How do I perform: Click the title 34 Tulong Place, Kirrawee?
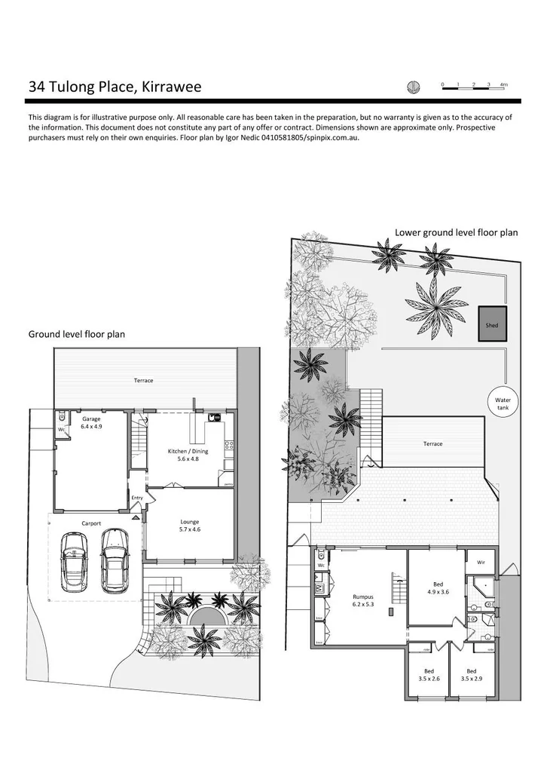[x=115, y=87]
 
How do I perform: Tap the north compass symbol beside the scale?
[x=412, y=87]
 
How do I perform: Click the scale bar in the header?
[x=475, y=88]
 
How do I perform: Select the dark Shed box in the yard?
[x=492, y=325]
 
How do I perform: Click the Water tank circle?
[x=502, y=404]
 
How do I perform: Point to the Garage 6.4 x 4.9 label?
[x=91, y=422]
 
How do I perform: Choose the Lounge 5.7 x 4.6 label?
[x=189, y=525]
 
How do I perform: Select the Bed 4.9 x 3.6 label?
[x=438, y=588]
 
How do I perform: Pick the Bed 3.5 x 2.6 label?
[x=428, y=675]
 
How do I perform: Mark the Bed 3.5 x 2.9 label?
[x=471, y=675]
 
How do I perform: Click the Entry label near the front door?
[x=137, y=498]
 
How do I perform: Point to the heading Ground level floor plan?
[x=77, y=333]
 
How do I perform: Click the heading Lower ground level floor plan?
[x=456, y=232]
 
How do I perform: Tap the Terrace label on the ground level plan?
[x=144, y=380]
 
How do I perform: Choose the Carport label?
[x=91, y=523]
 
